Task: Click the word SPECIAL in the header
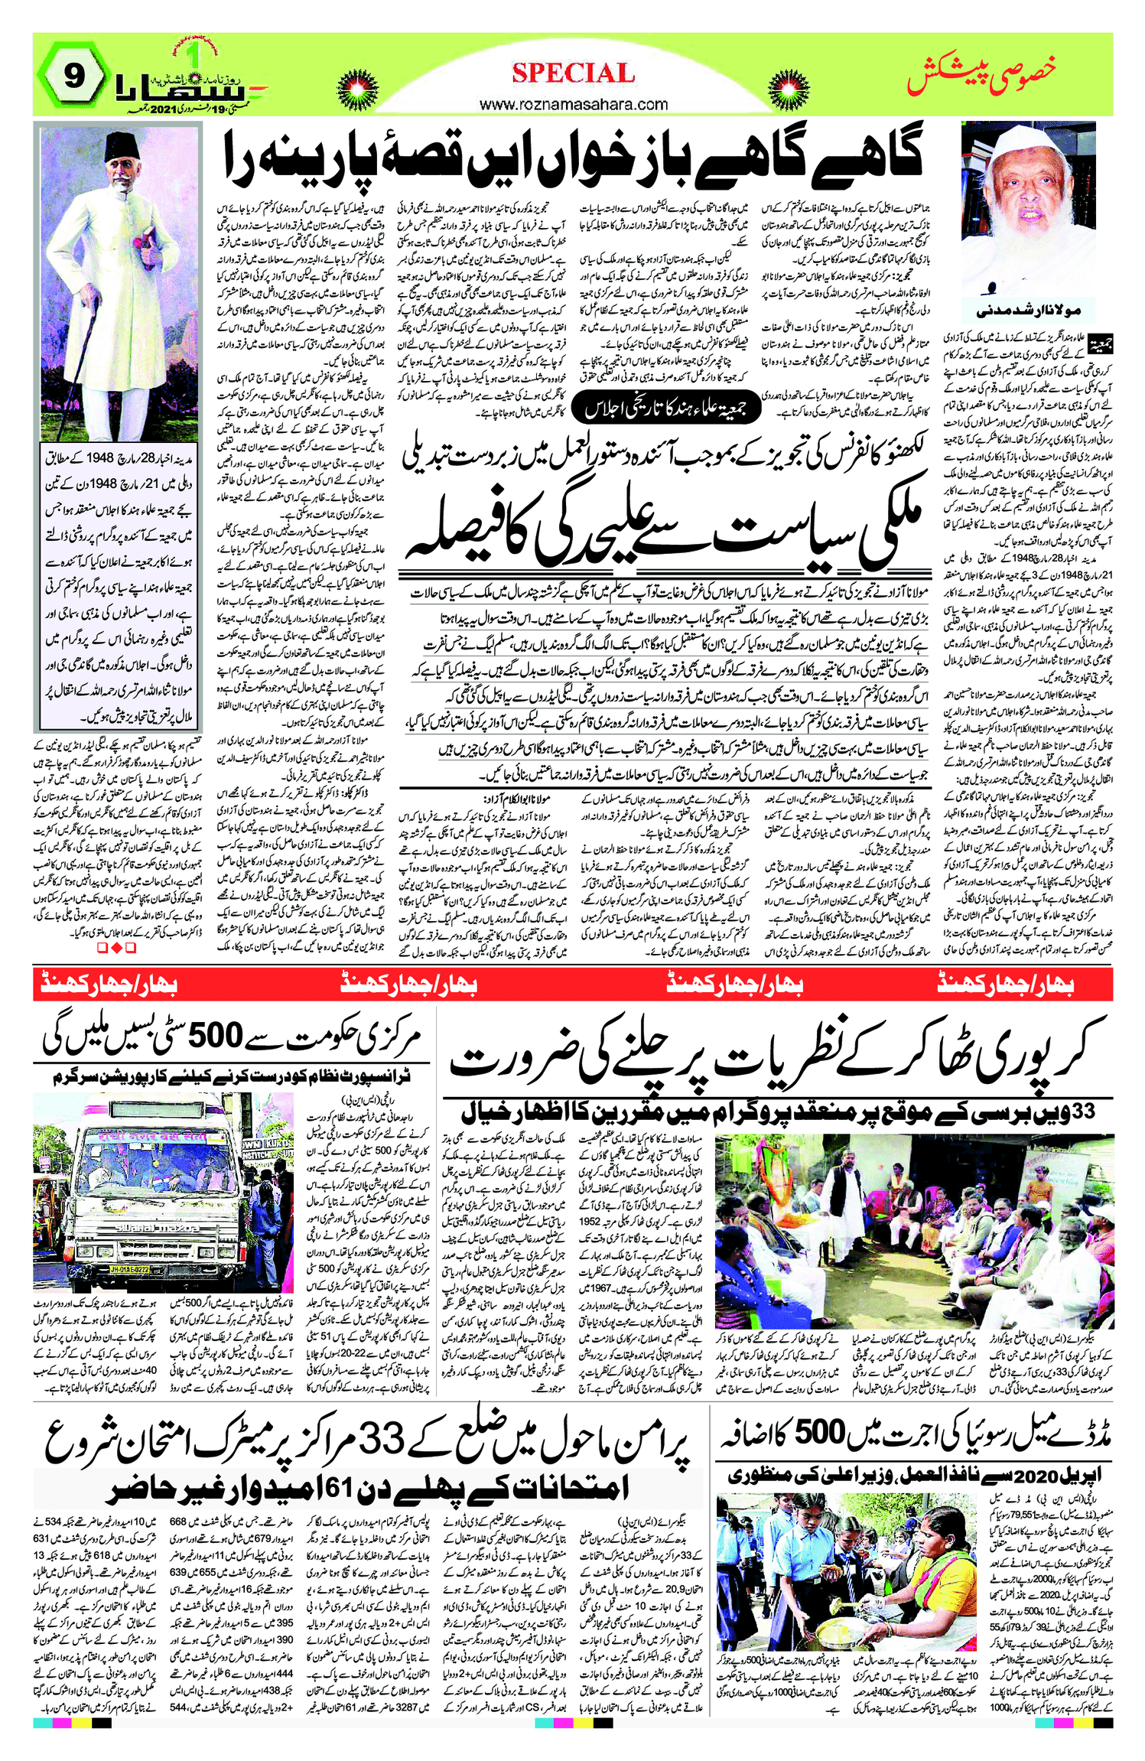(x=573, y=73)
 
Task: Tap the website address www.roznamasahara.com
(x=573, y=104)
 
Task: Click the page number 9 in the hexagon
(x=73, y=76)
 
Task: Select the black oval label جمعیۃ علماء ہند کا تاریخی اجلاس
(x=665, y=409)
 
